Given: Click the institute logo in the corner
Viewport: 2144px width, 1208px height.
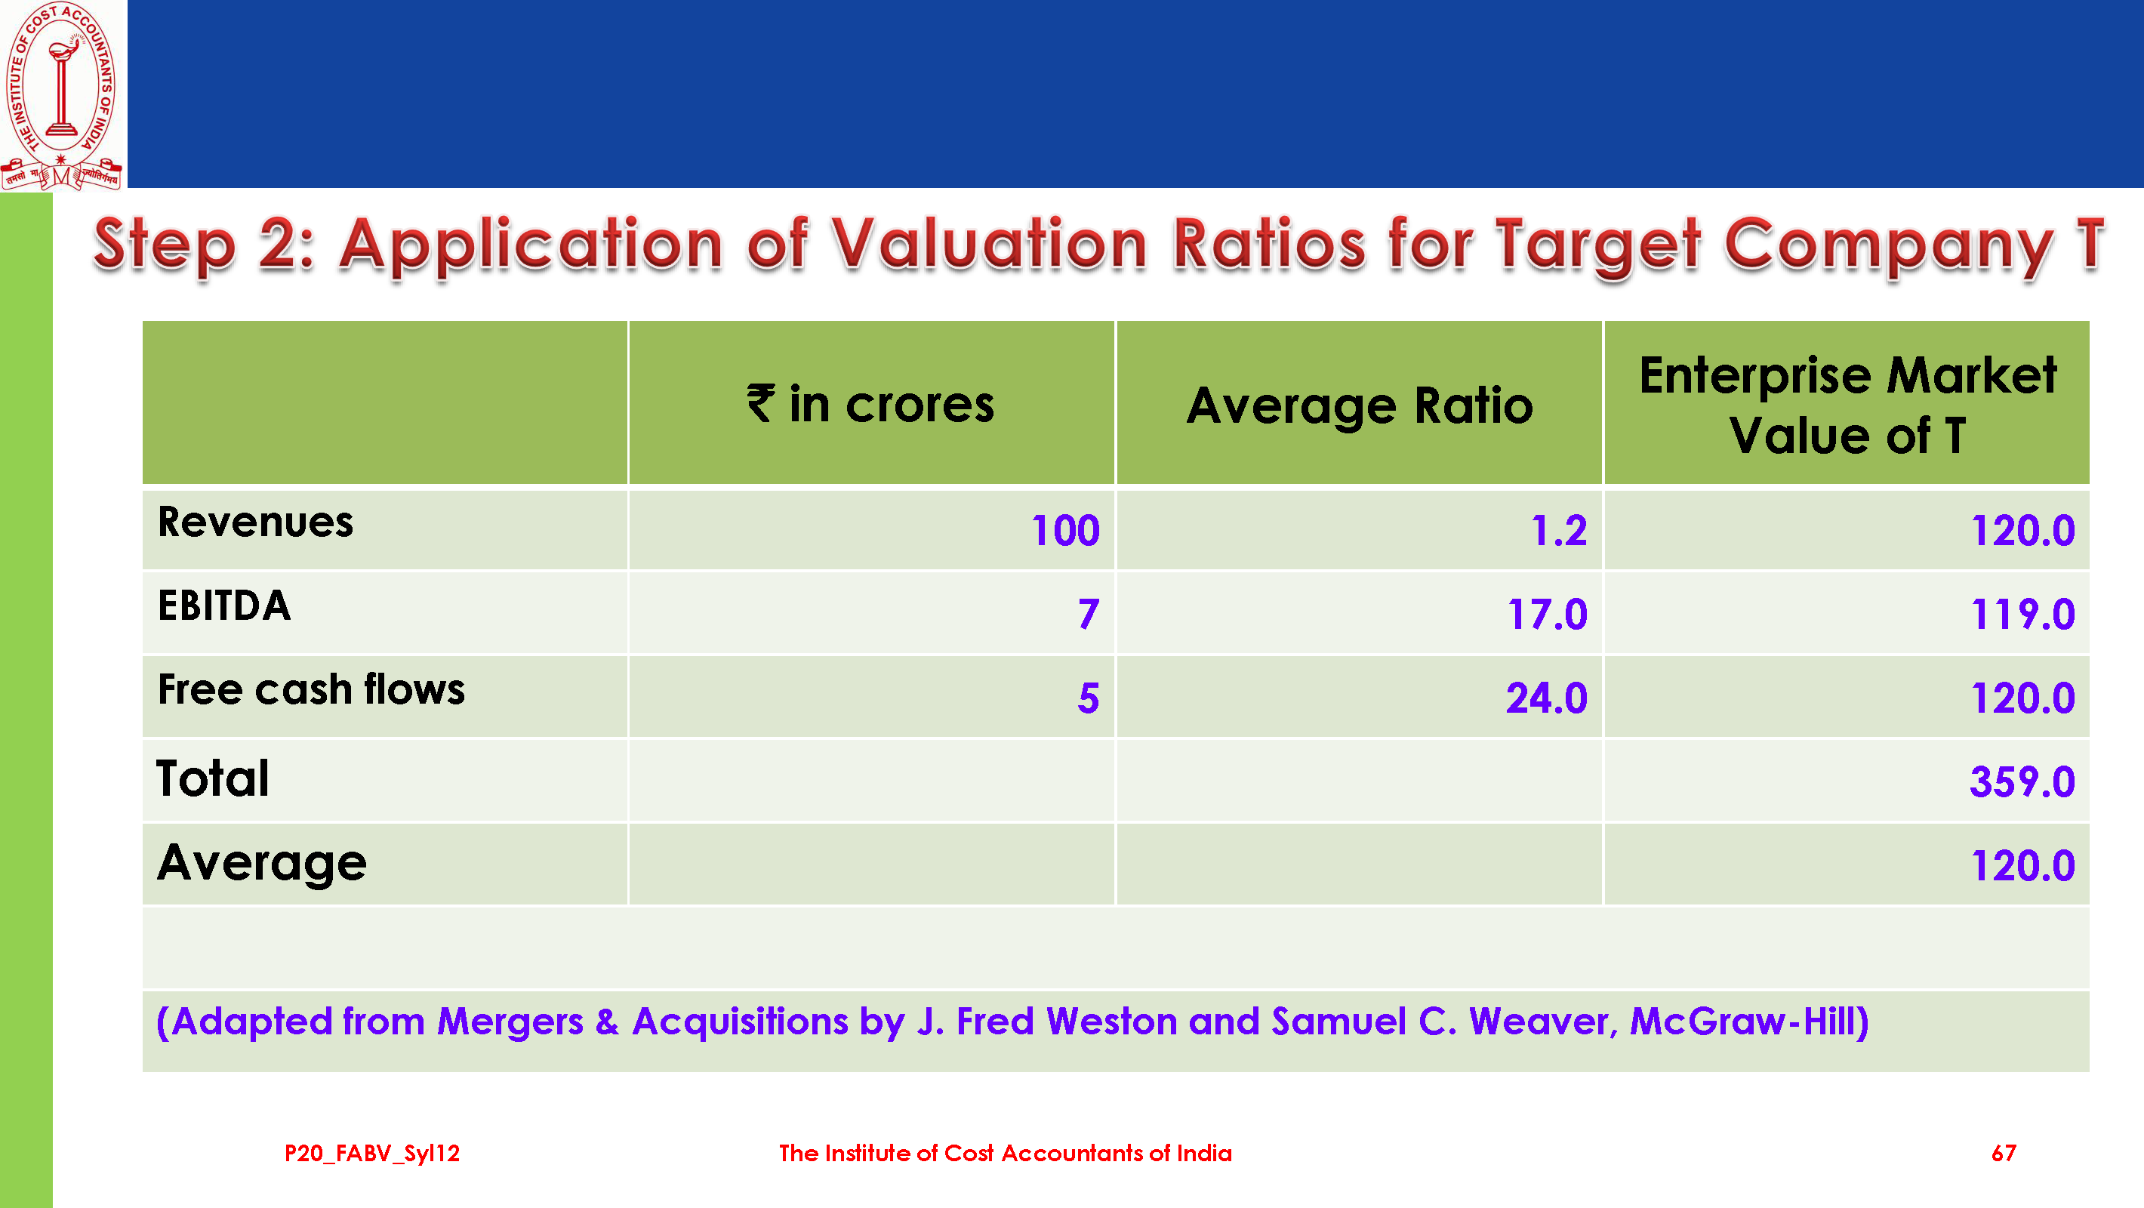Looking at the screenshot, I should tap(62, 95).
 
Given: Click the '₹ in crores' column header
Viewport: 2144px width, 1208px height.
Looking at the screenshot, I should tap(870, 405).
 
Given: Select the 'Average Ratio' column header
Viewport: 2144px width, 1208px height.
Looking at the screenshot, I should tap(1359, 406).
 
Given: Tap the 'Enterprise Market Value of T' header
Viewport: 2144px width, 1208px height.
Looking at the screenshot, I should tap(1847, 405).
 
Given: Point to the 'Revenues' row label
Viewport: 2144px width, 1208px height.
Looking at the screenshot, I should tap(255, 522).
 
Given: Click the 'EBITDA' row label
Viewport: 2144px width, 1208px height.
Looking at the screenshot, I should tap(224, 606).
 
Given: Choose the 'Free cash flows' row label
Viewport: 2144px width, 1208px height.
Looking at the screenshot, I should tap(311, 690).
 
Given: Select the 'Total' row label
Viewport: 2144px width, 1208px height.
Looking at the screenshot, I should tap(213, 779).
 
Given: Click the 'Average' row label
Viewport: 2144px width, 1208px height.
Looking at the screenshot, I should tap(261, 863).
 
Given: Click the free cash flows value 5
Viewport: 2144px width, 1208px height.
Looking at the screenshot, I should tap(1088, 698).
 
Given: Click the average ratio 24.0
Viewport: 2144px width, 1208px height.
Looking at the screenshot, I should tap(1546, 698).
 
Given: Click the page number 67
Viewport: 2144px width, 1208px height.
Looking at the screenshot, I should tap(2004, 1153).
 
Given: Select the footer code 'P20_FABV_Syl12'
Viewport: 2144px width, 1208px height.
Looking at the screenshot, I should tap(372, 1153).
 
